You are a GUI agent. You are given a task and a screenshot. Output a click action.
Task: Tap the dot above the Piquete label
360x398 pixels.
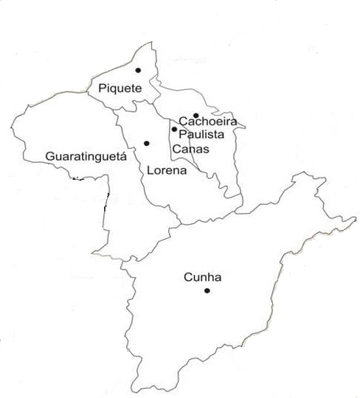[138, 70]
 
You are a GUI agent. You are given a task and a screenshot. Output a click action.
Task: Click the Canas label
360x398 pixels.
[190, 149]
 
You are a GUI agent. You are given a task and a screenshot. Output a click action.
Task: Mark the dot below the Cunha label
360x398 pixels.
[207, 291]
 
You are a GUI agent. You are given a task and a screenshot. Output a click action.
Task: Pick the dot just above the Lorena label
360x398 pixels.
[147, 143]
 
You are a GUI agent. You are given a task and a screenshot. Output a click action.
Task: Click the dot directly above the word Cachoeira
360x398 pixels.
[195, 115]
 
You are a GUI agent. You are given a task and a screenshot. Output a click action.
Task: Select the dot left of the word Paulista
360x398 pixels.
[174, 129]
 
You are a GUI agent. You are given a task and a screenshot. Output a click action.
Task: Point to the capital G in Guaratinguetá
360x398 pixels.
[49, 157]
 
